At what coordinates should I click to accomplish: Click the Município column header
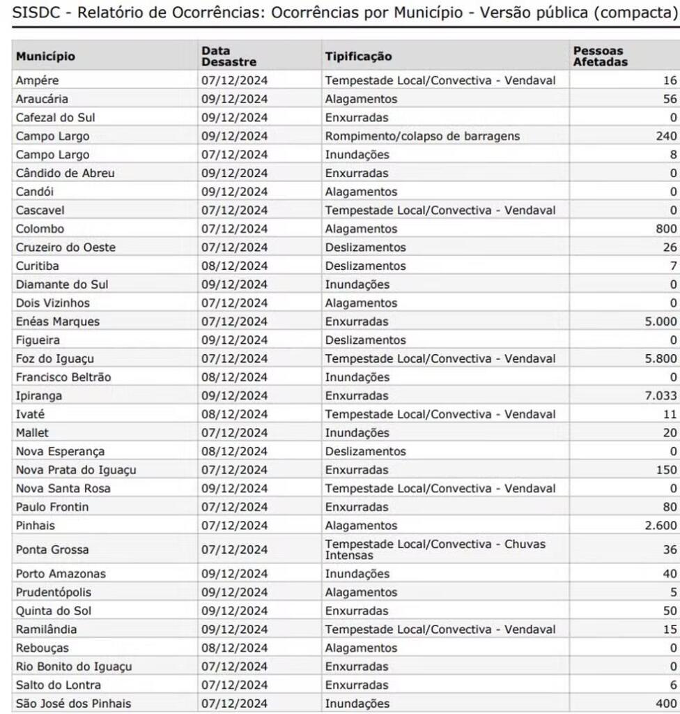pos(45,56)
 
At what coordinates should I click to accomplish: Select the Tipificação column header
pos(358,56)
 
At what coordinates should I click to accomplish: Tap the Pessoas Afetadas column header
pos(599,56)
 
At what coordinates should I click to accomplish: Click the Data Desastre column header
pos(229,56)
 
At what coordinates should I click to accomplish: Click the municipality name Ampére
pos(37,80)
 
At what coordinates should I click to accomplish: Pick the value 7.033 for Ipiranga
pos(660,395)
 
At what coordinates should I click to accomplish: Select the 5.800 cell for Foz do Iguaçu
pos(660,358)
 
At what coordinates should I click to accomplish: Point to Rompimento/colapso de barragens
pos(422,136)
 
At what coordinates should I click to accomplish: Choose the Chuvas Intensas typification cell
pos(435,549)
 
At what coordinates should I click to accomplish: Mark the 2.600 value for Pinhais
pos(660,525)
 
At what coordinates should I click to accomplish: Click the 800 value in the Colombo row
pos(666,229)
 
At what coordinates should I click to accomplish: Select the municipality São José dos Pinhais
pos(73,703)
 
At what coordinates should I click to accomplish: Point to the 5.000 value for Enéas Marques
pos(660,321)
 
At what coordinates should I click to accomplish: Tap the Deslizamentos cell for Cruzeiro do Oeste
pos(365,248)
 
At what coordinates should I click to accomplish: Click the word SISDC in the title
pos(35,13)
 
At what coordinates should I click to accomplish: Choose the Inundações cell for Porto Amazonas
pos(357,574)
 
